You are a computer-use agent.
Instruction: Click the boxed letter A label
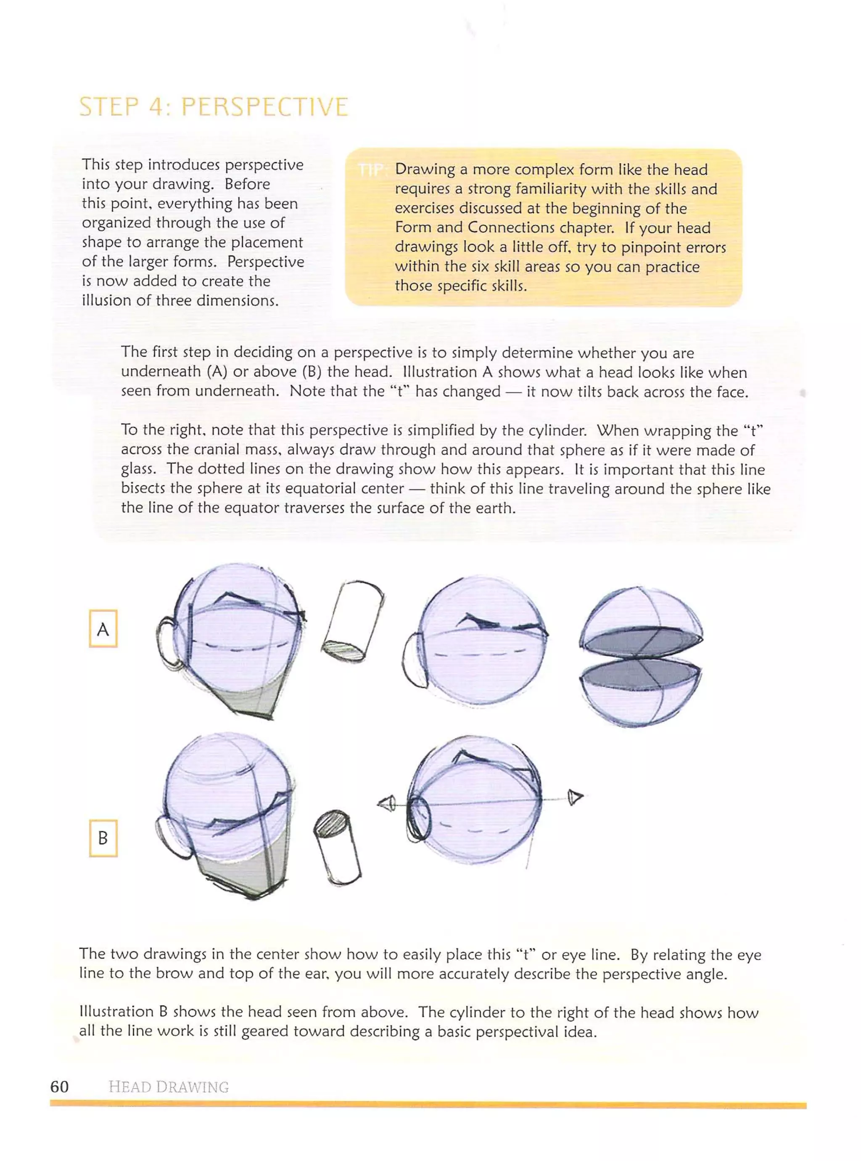click(x=103, y=629)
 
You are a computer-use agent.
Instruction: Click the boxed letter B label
click(x=103, y=838)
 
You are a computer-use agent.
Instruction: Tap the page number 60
click(x=59, y=1087)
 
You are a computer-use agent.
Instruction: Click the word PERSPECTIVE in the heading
click(x=264, y=107)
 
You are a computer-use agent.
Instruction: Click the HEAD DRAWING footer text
click(x=168, y=1087)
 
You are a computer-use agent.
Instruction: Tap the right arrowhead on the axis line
click(x=574, y=797)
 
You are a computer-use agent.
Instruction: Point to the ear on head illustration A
click(x=168, y=644)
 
